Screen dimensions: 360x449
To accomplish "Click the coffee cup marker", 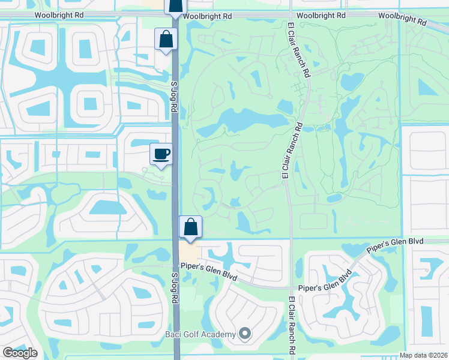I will click(161, 154).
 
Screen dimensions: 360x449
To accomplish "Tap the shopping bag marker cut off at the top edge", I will click(175, 6).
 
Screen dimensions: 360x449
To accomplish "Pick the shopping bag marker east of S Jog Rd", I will click(190, 227).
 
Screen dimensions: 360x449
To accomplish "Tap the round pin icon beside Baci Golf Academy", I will click(244, 333).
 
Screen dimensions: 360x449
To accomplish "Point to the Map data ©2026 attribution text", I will click(424, 355).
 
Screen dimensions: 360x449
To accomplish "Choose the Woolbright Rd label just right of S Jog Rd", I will click(207, 16).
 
